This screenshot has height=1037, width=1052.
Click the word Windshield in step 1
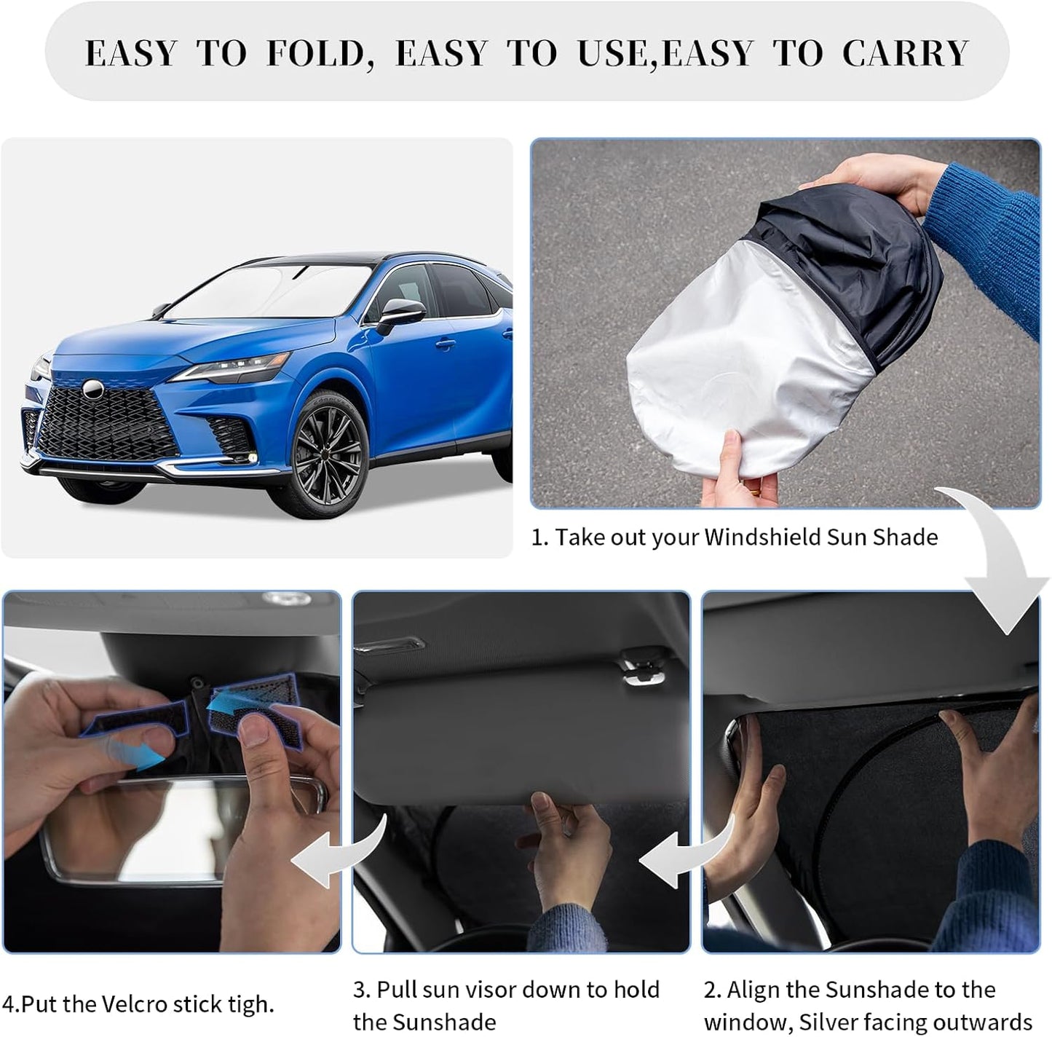pos(762,537)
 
